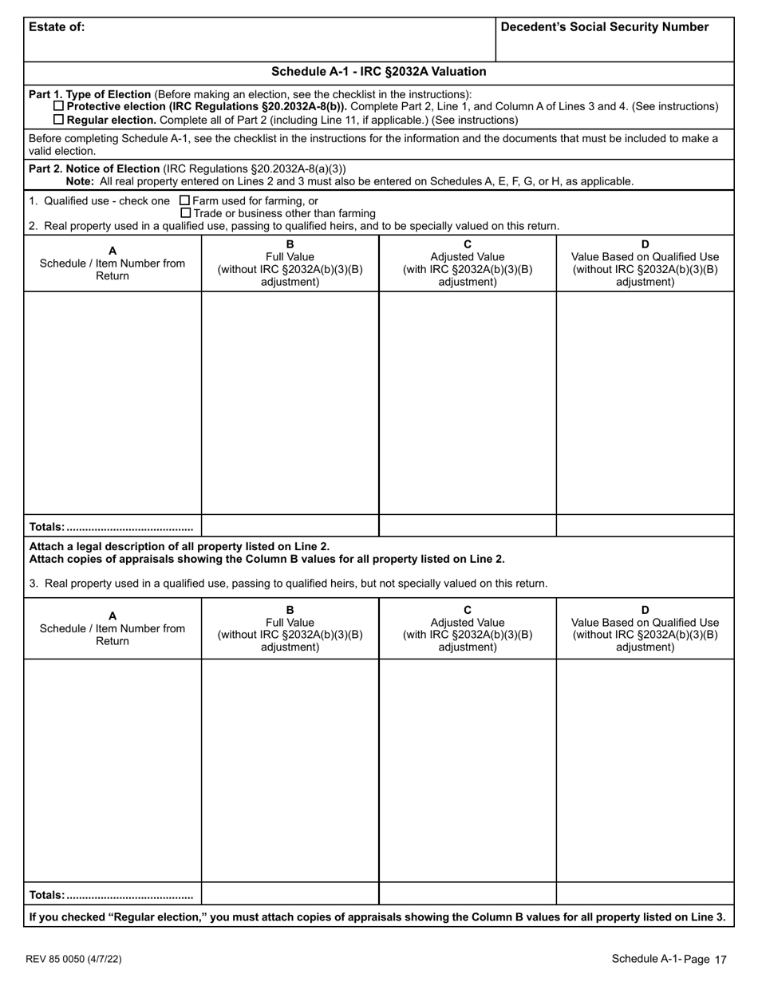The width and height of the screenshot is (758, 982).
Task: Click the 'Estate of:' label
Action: [x=57, y=27]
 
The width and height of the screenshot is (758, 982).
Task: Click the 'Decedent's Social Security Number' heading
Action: [x=605, y=27]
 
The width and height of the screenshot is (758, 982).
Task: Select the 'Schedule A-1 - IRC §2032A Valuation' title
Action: [x=379, y=72]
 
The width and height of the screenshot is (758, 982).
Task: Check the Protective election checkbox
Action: [x=58, y=107]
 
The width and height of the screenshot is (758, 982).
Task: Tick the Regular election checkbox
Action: [x=58, y=120]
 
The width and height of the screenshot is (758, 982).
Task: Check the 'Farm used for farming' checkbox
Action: [x=185, y=200]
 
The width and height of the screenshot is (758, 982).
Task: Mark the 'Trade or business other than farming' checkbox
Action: [x=185, y=213]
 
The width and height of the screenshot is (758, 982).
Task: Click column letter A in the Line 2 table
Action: [x=113, y=251]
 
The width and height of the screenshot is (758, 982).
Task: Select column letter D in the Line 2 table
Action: [x=645, y=244]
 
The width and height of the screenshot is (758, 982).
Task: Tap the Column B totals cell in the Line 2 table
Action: [x=290, y=526]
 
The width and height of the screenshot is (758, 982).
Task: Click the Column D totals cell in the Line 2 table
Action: [x=645, y=526]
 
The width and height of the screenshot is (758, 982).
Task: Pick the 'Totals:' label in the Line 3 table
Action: [x=47, y=895]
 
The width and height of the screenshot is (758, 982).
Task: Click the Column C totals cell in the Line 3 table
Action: [x=468, y=893]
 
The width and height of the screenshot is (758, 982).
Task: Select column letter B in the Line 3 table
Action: [x=290, y=610]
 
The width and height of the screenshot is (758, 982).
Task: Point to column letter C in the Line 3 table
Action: [x=468, y=610]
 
